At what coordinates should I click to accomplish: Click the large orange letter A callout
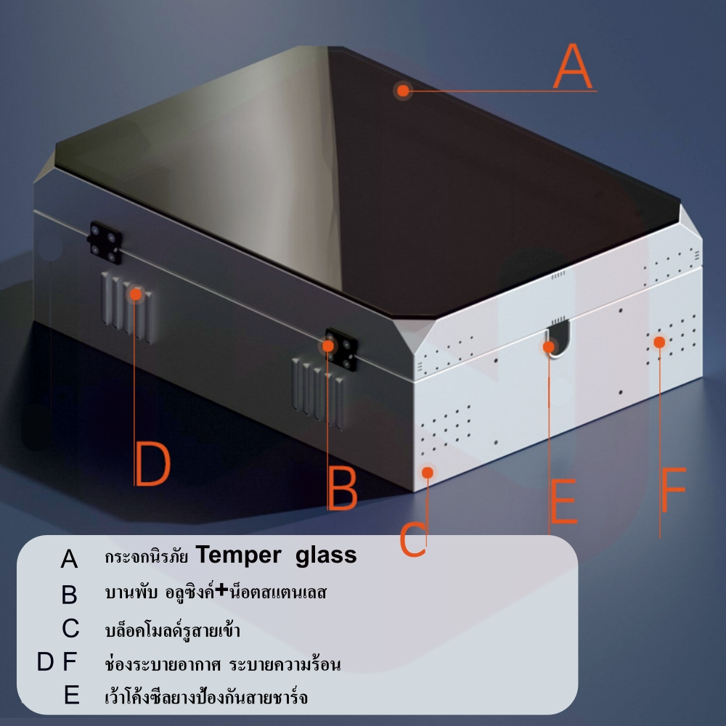(x=573, y=66)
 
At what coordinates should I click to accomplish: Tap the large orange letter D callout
(x=152, y=463)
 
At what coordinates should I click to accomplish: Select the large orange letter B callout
(x=343, y=488)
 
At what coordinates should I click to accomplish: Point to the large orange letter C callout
(x=412, y=539)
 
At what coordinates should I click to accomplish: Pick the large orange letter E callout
(x=563, y=502)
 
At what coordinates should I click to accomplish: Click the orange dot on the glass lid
(x=403, y=90)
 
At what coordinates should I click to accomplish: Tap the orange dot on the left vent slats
(x=136, y=294)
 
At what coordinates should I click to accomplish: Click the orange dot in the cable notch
(x=549, y=347)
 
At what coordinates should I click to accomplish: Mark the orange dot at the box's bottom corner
(x=428, y=473)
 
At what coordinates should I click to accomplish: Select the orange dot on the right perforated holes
(x=659, y=342)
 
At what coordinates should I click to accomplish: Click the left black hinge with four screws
(x=105, y=242)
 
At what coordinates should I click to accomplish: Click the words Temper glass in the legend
(x=276, y=555)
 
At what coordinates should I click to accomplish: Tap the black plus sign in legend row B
(x=222, y=590)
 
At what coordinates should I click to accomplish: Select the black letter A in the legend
(x=70, y=558)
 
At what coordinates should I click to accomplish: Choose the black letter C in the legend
(x=70, y=628)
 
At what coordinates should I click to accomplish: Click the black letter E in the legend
(x=72, y=695)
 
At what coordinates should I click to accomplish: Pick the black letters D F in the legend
(x=57, y=661)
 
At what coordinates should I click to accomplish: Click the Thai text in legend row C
(x=172, y=629)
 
